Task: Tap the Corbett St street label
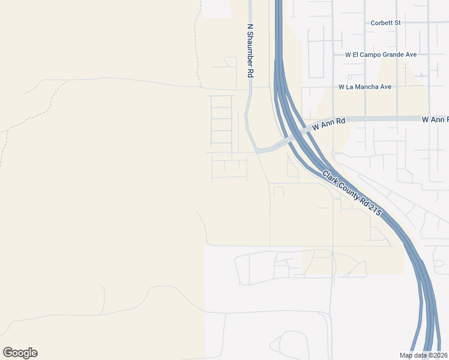pos(385,23)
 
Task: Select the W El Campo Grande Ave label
pos(381,55)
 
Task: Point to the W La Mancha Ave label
pos(364,87)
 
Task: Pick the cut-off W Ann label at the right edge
pos(435,120)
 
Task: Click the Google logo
pos(20,353)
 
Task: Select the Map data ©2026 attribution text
pos(424,355)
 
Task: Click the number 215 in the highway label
pos(375,209)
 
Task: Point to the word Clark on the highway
pos(331,178)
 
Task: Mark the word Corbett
pos(381,23)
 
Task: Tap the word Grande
pos(391,55)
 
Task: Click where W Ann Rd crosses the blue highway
pos(294,136)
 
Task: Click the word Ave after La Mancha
pos(385,87)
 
